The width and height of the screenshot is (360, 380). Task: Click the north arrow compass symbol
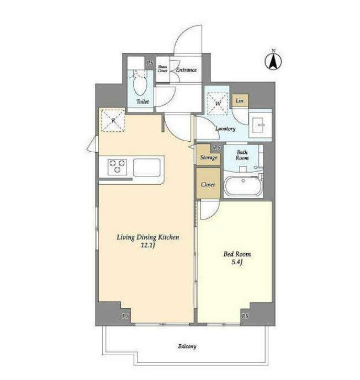tap(273, 60)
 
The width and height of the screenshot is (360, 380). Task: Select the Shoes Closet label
tap(162, 69)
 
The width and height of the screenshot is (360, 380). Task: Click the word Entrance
tap(186, 70)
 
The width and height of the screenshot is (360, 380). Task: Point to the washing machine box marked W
tap(218, 104)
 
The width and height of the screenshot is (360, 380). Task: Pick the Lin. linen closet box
tap(240, 100)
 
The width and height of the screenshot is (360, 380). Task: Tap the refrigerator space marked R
tap(113, 120)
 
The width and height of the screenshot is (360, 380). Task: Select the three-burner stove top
tap(118, 167)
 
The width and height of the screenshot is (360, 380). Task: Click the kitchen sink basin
tap(146, 167)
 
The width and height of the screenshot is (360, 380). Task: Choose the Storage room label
tap(208, 158)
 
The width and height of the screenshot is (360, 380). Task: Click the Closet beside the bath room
tap(208, 184)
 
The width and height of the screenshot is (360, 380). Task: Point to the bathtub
tap(243, 186)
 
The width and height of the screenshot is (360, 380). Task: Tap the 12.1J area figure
tap(148, 245)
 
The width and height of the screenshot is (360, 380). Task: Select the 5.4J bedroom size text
tap(237, 262)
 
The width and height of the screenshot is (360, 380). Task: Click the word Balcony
tap(187, 346)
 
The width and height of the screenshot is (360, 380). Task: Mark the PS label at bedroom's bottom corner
tap(245, 316)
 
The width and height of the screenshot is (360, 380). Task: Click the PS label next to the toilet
tap(150, 63)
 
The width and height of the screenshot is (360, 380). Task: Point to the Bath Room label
tap(242, 155)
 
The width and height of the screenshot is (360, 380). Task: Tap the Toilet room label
tap(142, 101)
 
